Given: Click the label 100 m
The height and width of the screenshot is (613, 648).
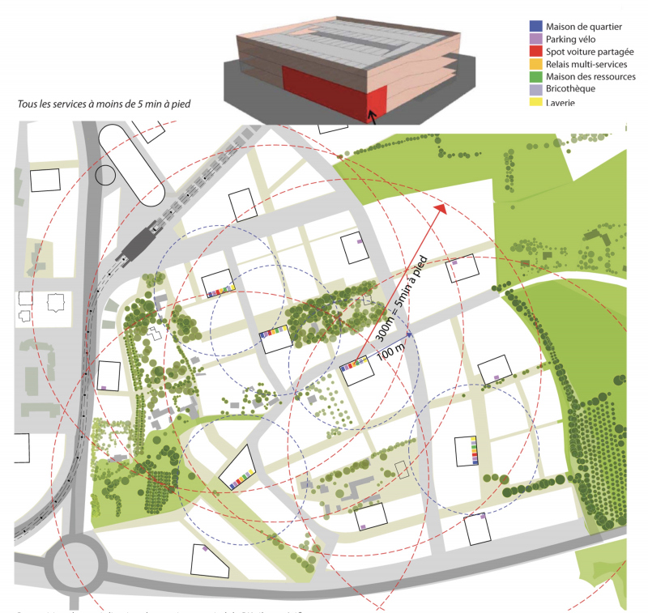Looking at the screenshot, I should (x=391, y=350).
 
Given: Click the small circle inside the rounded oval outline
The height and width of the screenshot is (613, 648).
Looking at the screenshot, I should (x=105, y=173).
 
